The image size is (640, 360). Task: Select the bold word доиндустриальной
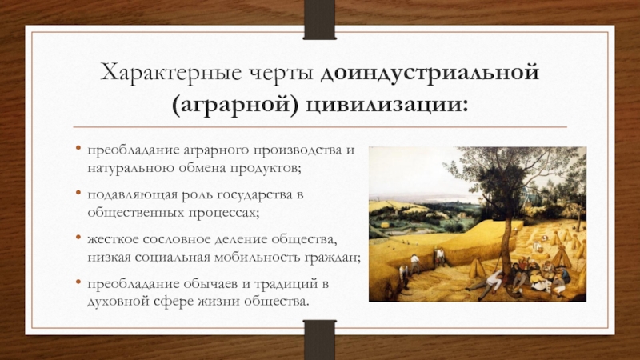(x=430, y=74)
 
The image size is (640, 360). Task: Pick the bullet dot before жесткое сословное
(x=78, y=237)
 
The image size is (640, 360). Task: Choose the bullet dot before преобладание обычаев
(x=78, y=282)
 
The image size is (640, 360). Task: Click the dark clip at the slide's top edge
(x=319, y=19)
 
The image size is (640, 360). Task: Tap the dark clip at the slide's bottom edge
(x=319, y=340)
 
